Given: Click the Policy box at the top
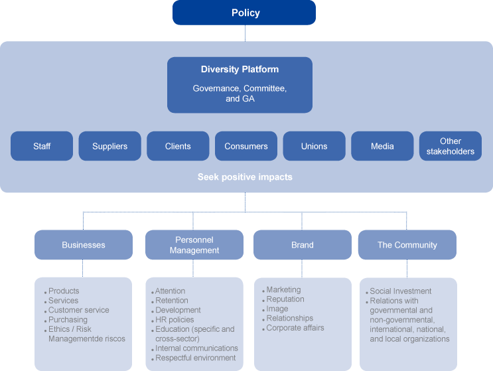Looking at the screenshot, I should click(245, 13).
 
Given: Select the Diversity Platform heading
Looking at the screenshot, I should click(240, 69).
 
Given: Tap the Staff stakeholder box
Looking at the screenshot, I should click(41, 146).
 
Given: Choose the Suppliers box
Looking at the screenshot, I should click(109, 146).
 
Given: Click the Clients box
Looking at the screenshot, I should click(178, 146).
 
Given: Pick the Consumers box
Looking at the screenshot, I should click(246, 146).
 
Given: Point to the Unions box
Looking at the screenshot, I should click(314, 146).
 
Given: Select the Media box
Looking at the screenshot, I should click(382, 146).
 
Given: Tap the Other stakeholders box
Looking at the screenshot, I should click(451, 146).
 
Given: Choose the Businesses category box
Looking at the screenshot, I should click(83, 245).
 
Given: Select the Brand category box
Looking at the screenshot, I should click(302, 245).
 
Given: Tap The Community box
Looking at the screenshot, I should click(407, 245).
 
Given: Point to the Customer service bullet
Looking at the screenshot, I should click(78, 310).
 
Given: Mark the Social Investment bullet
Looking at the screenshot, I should click(400, 291).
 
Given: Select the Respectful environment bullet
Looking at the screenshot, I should click(195, 358).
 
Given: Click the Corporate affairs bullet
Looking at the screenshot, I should click(297, 328).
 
